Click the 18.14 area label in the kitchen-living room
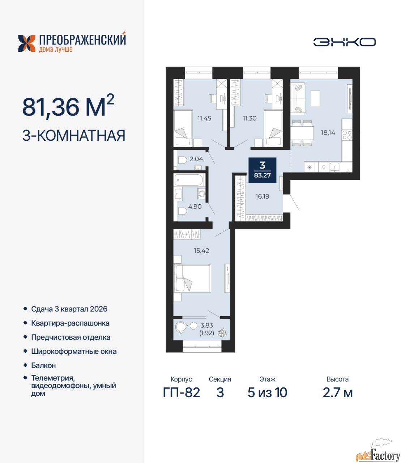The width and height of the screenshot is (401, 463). [328, 133]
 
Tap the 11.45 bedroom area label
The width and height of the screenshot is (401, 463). [204, 118]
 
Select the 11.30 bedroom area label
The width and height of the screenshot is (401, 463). [249, 118]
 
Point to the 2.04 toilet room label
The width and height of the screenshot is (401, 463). [196, 159]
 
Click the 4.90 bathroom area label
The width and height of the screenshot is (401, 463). [195, 206]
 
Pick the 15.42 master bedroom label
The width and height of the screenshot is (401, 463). [201, 250]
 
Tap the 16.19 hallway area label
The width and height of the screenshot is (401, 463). [262, 196]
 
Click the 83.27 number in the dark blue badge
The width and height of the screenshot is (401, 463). [262, 175]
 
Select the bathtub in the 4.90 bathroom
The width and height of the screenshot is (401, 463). [189, 180]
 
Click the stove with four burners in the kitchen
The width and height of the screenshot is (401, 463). [347, 135]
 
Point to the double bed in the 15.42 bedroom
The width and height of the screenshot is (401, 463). [192, 278]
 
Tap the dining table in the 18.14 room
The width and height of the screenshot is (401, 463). [302, 133]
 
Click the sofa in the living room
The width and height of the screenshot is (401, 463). [298, 98]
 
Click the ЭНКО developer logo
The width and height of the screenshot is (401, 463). [344, 42]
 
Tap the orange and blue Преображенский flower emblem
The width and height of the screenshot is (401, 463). [27, 43]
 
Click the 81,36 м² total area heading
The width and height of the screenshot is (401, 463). [68, 106]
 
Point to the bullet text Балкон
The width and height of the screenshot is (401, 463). [43, 365]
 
